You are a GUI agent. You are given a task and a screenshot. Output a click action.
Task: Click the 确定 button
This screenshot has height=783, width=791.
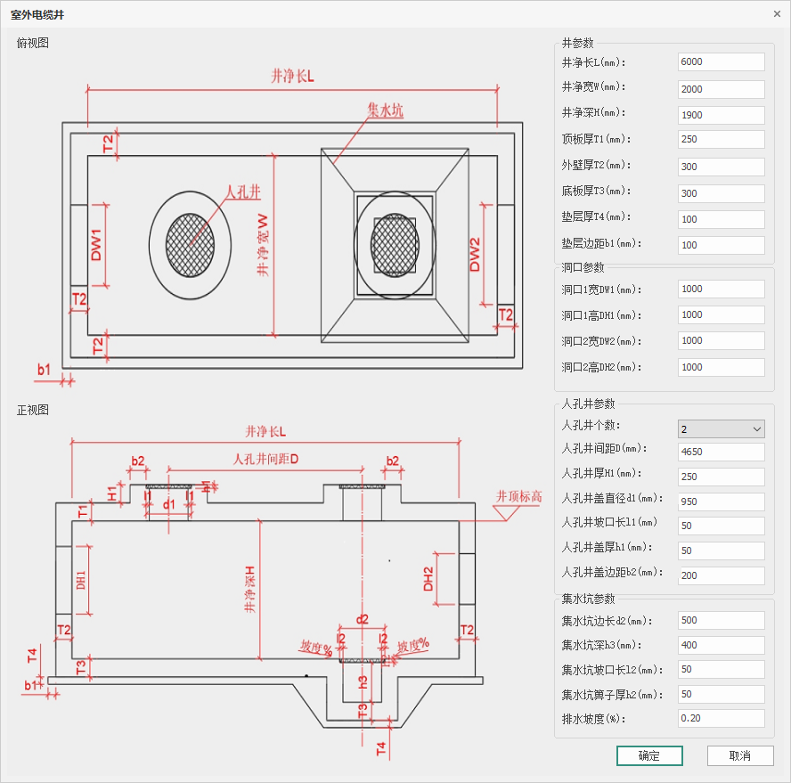pos(649,755)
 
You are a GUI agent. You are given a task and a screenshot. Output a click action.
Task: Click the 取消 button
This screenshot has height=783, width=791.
pos(739,755)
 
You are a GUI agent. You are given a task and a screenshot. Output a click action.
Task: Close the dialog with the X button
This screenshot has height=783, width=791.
pos(777,13)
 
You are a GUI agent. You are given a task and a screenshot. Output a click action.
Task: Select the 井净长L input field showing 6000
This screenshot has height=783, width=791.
pos(721,61)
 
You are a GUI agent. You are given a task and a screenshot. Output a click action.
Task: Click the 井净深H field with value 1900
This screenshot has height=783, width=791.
pos(721,115)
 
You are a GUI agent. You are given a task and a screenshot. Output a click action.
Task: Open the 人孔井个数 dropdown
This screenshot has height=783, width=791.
pos(721,428)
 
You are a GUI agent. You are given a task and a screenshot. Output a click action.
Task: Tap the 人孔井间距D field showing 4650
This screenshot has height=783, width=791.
pos(721,452)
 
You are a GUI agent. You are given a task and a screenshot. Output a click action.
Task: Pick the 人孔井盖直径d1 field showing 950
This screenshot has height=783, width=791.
pos(721,502)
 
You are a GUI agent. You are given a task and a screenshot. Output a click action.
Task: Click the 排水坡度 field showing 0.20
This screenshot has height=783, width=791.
pos(721,718)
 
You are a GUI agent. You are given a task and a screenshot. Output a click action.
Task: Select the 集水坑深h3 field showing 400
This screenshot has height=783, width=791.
pos(721,645)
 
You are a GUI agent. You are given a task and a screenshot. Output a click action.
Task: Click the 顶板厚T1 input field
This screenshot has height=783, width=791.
pos(721,140)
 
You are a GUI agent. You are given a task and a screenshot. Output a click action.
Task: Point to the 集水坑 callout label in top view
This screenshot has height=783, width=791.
pos(385,110)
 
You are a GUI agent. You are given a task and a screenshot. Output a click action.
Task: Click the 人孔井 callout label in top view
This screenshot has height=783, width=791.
pos(242,192)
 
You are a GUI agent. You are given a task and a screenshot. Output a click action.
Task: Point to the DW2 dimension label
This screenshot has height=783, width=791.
pos(475,254)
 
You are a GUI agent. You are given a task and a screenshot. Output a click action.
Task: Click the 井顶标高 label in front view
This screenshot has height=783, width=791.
pos(518,496)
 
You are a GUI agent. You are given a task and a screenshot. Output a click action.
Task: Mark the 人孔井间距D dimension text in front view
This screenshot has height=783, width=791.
pos(265,460)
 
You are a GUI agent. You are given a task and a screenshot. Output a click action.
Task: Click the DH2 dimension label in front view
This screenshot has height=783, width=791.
pos(428,579)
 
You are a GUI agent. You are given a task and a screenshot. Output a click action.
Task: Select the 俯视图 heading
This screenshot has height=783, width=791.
pos(33,43)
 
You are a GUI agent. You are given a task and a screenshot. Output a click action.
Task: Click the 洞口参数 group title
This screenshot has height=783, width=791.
pos(583,267)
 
